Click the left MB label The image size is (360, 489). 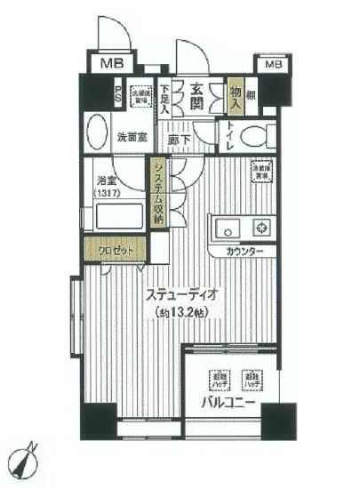(x=111, y=63)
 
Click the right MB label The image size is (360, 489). (x=273, y=64)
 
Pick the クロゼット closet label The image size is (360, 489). (x=115, y=250)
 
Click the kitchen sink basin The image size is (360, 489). (x=224, y=225)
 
